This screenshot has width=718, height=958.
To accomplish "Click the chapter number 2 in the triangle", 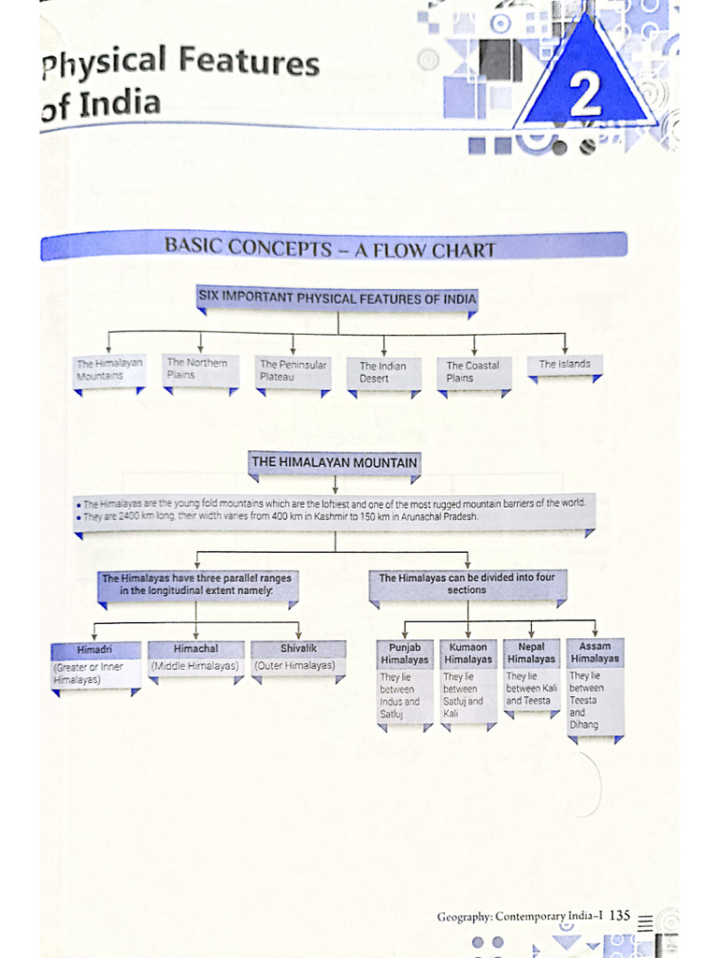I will coord(585,96).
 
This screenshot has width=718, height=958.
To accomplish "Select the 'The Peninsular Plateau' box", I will coord(293,370).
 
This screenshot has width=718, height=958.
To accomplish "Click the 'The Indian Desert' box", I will coord(383,372).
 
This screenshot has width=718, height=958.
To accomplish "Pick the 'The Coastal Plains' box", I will coord(473,371).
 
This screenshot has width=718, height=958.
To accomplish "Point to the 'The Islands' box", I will coord(565,364).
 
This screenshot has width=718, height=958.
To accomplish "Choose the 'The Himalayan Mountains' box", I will coord(110,370).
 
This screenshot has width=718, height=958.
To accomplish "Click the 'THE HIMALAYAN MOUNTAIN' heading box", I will coord(335,462).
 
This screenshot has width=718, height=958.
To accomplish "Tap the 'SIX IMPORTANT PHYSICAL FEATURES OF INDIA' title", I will coord(337,298).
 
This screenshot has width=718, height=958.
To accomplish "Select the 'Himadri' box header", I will coord(95,649).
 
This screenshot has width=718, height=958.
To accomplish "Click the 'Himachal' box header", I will coord(196,648).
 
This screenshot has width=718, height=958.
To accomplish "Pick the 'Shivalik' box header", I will coord(298,648).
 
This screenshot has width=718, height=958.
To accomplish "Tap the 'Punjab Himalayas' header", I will coord(405,653).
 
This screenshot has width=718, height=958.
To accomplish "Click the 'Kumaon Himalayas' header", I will coord(467,653).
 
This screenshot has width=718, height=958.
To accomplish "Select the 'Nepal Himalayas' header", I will coord(531,653).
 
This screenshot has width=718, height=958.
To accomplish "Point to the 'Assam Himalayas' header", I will coord(595,652).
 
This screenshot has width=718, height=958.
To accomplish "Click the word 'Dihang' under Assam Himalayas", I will coord(583,725).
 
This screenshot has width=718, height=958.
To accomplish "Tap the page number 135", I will coord(620,916).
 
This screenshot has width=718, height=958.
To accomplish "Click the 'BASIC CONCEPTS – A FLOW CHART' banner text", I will coord(330,249).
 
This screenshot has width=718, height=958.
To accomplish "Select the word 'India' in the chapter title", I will coord(119,103).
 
